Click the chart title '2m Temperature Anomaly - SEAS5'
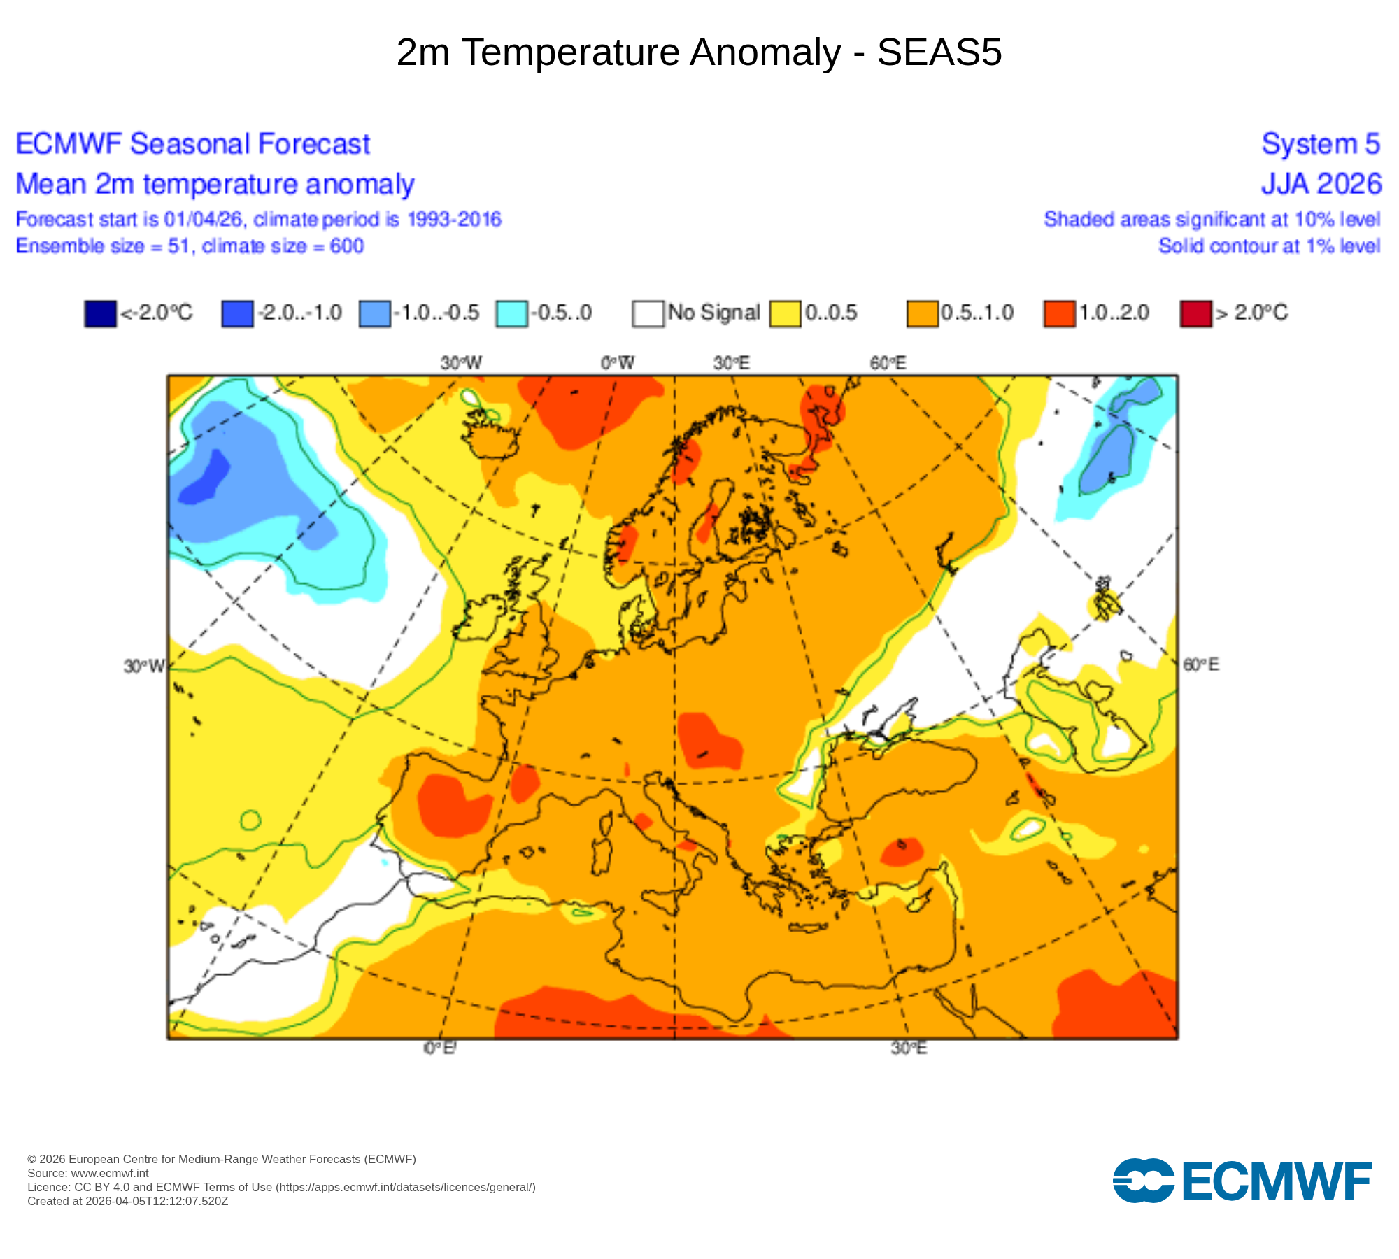(699, 52)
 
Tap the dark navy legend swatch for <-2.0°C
(100, 313)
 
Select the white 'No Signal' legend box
(648, 313)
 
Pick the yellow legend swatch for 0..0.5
(785, 313)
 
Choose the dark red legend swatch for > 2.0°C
(1195, 313)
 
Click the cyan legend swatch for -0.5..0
(511, 313)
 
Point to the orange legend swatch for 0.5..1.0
(922, 313)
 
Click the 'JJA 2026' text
(1321, 184)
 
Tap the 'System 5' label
(1320, 144)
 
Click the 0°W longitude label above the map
(617, 363)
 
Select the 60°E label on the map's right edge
(1200, 664)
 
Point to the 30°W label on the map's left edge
(144, 666)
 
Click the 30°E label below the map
(909, 1048)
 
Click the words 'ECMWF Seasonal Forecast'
(192, 144)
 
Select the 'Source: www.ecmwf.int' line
(88, 1173)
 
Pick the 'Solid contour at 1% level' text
(1269, 246)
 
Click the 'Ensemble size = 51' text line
(190, 246)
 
